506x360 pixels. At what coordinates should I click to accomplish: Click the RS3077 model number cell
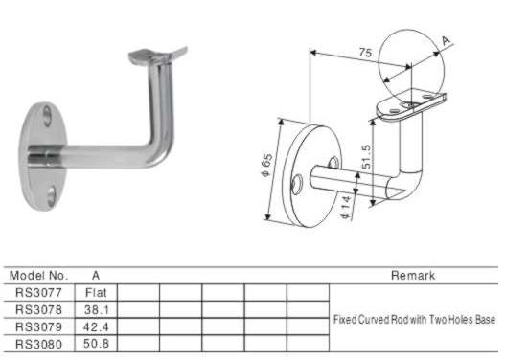click(x=38, y=293)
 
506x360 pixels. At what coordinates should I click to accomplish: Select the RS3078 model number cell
click(x=38, y=309)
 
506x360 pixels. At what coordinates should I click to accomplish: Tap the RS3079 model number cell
click(x=38, y=326)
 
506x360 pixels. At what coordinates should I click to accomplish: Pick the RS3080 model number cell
click(x=38, y=344)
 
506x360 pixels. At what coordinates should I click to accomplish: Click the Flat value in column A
click(x=96, y=293)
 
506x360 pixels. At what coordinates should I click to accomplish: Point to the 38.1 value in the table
click(x=96, y=309)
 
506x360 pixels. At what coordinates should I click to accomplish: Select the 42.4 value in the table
click(x=96, y=326)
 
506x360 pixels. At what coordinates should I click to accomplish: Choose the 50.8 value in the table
click(x=96, y=344)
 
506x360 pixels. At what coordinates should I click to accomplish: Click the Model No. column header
click(x=38, y=276)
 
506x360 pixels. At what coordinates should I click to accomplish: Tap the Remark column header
click(x=413, y=276)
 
